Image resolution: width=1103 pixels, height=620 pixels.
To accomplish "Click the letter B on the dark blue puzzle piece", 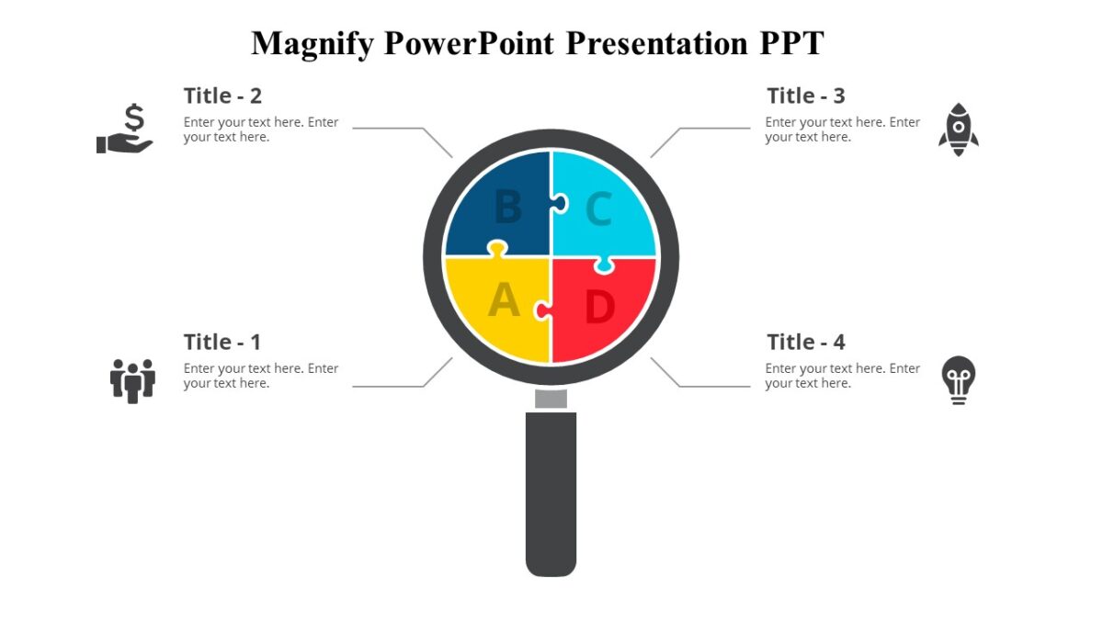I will [507, 208].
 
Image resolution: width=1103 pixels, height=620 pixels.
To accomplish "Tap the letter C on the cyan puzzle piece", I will [598, 209].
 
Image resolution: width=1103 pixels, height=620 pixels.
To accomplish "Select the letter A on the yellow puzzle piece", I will [504, 300].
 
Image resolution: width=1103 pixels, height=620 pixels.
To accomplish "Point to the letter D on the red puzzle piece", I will [598, 308].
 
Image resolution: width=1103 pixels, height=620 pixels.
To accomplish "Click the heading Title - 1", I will [222, 343].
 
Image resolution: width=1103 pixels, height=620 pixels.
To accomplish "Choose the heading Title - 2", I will [222, 96].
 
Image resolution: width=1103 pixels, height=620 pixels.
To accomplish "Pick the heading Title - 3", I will [806, 96].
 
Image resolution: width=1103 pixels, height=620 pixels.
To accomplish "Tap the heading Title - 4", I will [806, 343].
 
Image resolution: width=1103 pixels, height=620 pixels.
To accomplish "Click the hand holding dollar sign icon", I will [126, 130].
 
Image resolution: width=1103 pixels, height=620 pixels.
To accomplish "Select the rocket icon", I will [958, 130].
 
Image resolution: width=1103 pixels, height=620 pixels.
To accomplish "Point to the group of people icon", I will [132, 379].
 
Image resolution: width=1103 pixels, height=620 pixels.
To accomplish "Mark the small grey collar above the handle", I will [551, 398].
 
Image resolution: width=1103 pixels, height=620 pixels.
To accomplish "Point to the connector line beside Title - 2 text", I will [391, 129].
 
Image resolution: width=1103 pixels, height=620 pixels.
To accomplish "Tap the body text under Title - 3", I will [842, 130].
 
